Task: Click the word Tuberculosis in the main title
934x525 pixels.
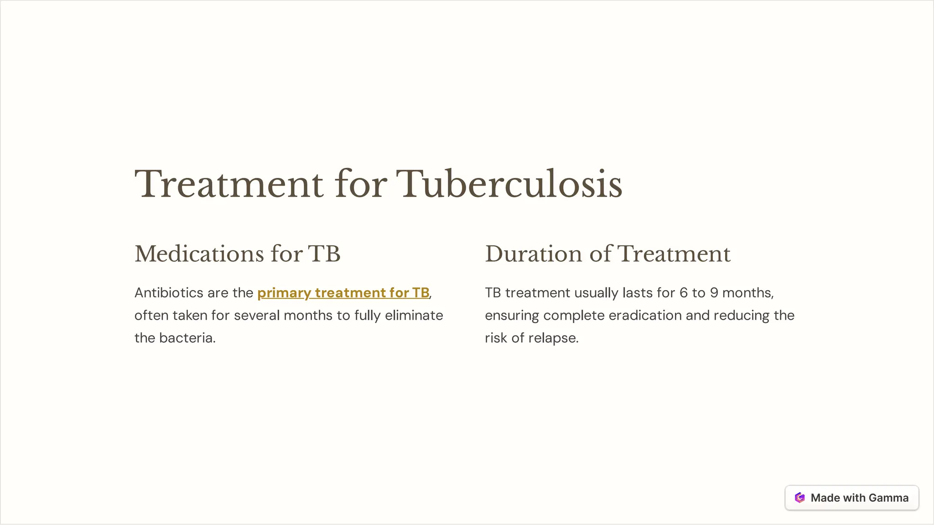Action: pyautogui.click(x=509, y=185)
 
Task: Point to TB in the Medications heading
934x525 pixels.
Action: pyautogui.click(x=324, y=254)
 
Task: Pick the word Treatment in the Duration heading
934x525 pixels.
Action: pyautogui.click(x=674, y=254)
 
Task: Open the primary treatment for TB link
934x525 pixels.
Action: pyautogui.click(x=343, y=293)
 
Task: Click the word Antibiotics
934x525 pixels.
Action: pyautogui.click(x=169, y=293)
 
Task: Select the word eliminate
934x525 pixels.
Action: pyautogui.click(x=414, y=316)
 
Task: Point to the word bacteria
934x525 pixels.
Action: pyautogui.click(x=187, y=338)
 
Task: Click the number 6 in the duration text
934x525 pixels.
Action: pyautogui.click(x=683, y=293)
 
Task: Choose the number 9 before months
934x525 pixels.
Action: pyautogui.click(x=714, y=293)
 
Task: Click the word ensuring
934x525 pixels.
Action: pyautogui.click(x=512, y=316)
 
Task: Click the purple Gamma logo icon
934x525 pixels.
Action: pyautogui.click(x=799, y=498)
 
